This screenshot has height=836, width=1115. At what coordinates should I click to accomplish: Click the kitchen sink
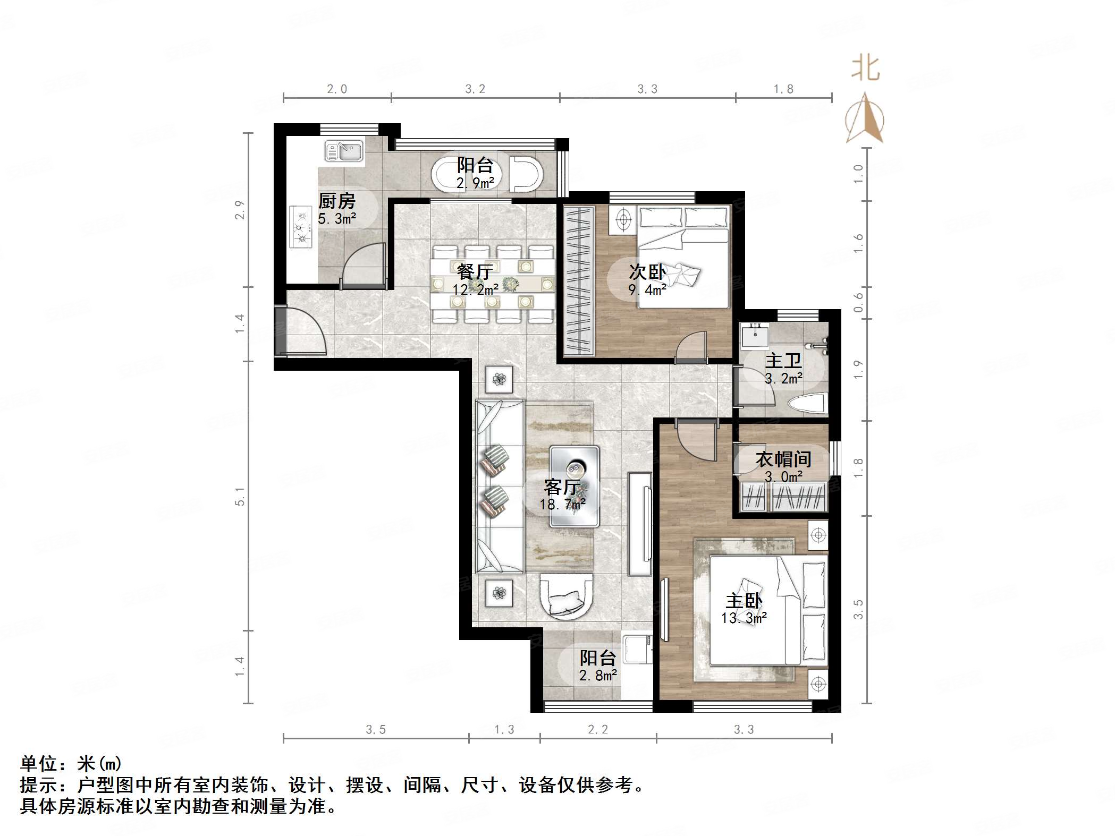pos(343,151)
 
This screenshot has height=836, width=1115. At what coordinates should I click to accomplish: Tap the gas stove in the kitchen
pos(300,227)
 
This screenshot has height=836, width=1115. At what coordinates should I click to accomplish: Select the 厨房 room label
pos(336,201)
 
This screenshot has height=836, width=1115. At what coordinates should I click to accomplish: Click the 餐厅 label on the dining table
pos(475,271)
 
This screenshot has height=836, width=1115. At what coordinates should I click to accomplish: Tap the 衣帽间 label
pos(783,459)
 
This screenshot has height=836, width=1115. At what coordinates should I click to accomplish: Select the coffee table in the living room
pos(575,486)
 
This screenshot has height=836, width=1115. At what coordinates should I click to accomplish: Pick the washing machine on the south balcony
pos(638,648)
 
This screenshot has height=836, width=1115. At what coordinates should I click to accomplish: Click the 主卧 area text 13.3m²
pos(744,618)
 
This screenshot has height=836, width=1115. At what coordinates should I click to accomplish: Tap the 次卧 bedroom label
pos(647,271)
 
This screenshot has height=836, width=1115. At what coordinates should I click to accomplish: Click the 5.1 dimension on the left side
pos(240,497)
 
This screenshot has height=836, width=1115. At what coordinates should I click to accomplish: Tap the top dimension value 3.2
pos(475,89)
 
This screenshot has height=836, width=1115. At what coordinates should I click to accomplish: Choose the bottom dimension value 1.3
pos(504,730)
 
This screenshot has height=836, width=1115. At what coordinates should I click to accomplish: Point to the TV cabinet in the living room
pos(640,524)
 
